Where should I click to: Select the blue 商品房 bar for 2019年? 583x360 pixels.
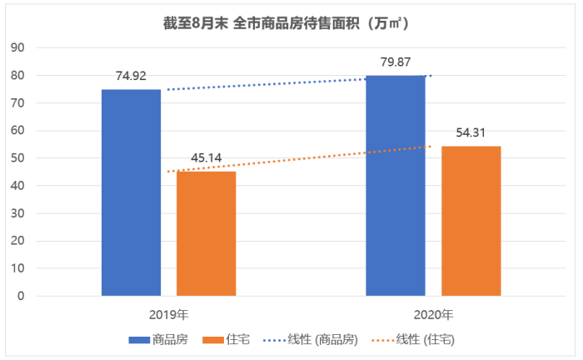point(131,192)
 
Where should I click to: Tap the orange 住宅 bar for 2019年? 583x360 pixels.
point(206,233)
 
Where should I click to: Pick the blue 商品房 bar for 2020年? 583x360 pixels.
point(396,185)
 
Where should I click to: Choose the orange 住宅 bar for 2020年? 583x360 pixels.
point(471,221)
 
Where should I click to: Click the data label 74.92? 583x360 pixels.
point(132,76)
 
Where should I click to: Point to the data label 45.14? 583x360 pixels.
point(207,157)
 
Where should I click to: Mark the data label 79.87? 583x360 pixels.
point(396,62)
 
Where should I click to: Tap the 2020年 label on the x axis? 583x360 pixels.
point(433,315)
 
